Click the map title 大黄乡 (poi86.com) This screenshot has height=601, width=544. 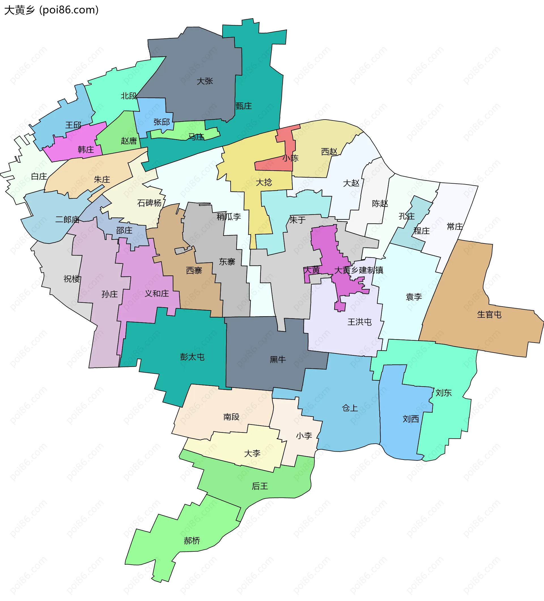click(51, 10)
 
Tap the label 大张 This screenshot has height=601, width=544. click(205, 81)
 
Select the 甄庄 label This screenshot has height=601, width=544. click(244, 106)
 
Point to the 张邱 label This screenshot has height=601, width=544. click(161, 122)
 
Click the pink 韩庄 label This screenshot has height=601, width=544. click(86, 149)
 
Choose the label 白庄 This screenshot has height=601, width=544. click(39, 177)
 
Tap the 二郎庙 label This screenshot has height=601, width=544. click(67, 220)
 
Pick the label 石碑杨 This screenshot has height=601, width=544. click(149, 203)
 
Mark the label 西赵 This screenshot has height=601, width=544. click(329, 152)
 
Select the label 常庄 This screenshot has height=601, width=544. click(454, 227)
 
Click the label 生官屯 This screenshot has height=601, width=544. click(489, 315)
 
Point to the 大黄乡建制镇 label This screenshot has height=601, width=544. click(359, 270)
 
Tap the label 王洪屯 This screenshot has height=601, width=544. click(360, 322)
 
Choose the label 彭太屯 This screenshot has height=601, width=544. click(192, 357)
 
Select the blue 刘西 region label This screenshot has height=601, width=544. click(411, 419)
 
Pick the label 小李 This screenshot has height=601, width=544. click(304, 436)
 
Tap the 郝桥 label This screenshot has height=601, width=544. click(192, 540)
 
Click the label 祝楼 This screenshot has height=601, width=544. click(72, 279)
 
